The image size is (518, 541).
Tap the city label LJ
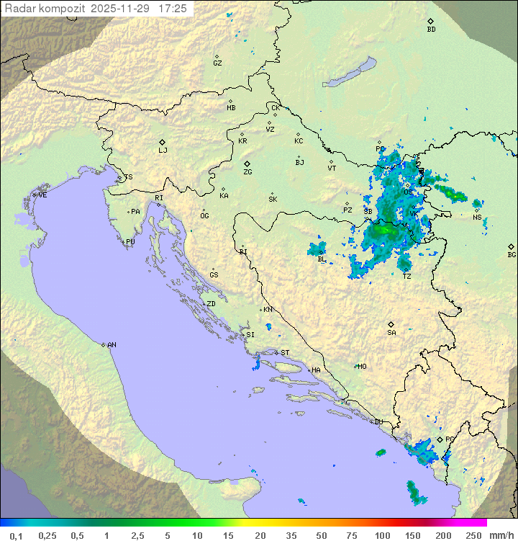163,151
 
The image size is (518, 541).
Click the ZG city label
247,172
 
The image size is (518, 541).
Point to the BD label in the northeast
431,30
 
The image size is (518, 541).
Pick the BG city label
512,254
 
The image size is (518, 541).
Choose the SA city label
391,332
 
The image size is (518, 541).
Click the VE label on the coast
42,195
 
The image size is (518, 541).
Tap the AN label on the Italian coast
112,345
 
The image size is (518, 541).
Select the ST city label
285,353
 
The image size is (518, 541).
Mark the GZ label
217,63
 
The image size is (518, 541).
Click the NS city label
477,218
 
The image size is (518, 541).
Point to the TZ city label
406,277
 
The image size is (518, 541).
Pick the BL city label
322,259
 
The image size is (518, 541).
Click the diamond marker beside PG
440,439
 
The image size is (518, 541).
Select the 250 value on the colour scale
473,535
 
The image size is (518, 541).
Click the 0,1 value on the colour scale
16,535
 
